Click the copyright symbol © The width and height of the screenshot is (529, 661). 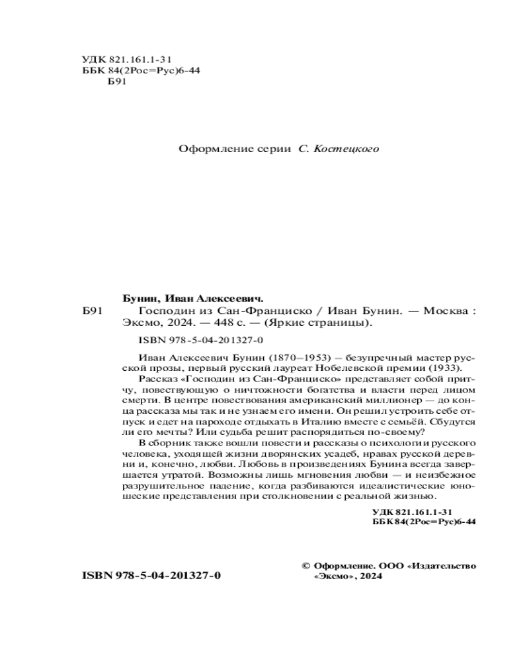point(305,566)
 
